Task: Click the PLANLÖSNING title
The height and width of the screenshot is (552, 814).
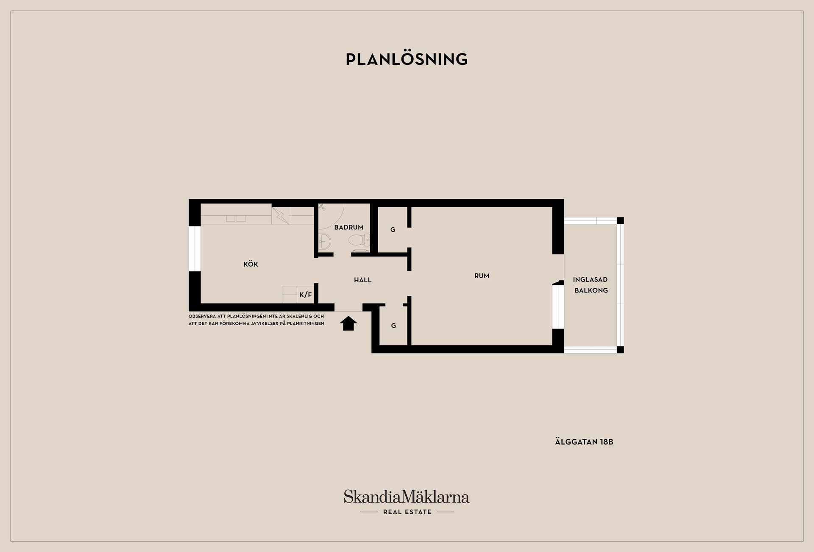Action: click(x=407, y=59)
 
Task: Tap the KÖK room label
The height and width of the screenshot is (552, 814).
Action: click(x=251, y=264)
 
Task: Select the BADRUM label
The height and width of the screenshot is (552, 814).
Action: click(x=348, y=227)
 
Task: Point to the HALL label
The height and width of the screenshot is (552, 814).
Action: click(x=362, y=280)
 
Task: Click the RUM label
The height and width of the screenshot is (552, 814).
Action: click(x=482, y=276)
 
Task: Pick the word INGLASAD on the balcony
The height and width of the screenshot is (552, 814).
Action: click(x=590, y=279)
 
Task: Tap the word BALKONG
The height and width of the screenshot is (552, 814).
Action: click(x=591, y=290)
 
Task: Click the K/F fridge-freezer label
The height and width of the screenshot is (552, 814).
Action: click(x=305, y=295)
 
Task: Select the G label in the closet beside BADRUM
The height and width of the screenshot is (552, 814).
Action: click(x=393, y=230)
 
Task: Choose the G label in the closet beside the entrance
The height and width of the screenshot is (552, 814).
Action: click(x=393, y=326)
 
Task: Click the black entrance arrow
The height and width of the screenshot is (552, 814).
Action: click(x=348, y=323)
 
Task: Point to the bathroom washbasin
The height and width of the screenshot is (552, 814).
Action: click(x=325, y=241)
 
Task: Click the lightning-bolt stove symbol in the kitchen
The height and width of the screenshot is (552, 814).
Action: click(x=280, y=215)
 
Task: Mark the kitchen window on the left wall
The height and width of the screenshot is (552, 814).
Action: click(x=195, y=248)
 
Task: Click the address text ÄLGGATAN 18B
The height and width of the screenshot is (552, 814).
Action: click(x=584, y=442)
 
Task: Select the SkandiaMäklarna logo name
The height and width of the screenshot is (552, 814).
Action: click(x=407, y=496)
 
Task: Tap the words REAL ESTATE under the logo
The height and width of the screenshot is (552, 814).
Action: click(x=407, y=512)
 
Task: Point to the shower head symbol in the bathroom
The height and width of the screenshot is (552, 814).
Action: click(x=322, y=208)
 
